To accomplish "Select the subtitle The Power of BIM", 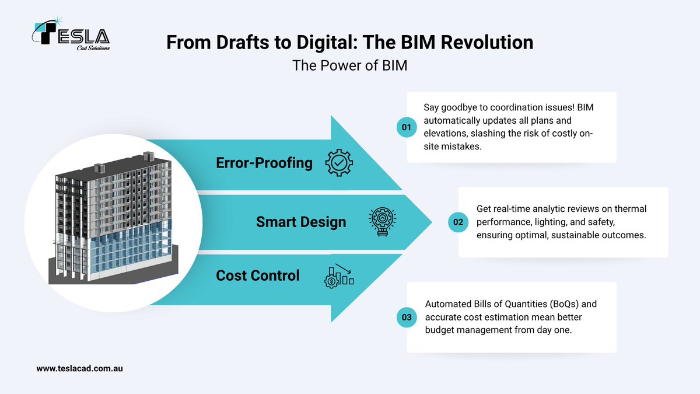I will pyautogui.click(x=349, y=65).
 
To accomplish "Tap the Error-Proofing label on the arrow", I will pyautogui.click(x=264, y=163).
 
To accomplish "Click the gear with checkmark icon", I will pyautogui.click(x=338, y=163).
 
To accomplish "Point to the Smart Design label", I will pyautogui.click(x=301, y=222).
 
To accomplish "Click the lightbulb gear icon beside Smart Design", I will pyautogui.click(x=382, y=222).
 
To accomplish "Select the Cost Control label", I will pyautogui.click(x=258, y=275).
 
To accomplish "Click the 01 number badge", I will pyautogui.click(x=406, y=127).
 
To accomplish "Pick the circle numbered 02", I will pyautogui.click(x=457, y=222).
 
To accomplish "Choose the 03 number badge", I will pyautogui.click(x=406, y=318).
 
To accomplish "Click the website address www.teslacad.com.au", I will pyautogui.click(x=79, y=368).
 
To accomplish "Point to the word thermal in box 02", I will pyautogui.click(x=631, y=209).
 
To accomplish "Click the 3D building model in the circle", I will pyautogui.click(x=114, y=222).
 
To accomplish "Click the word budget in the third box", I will pyautogui.click(x=439, y=330).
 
